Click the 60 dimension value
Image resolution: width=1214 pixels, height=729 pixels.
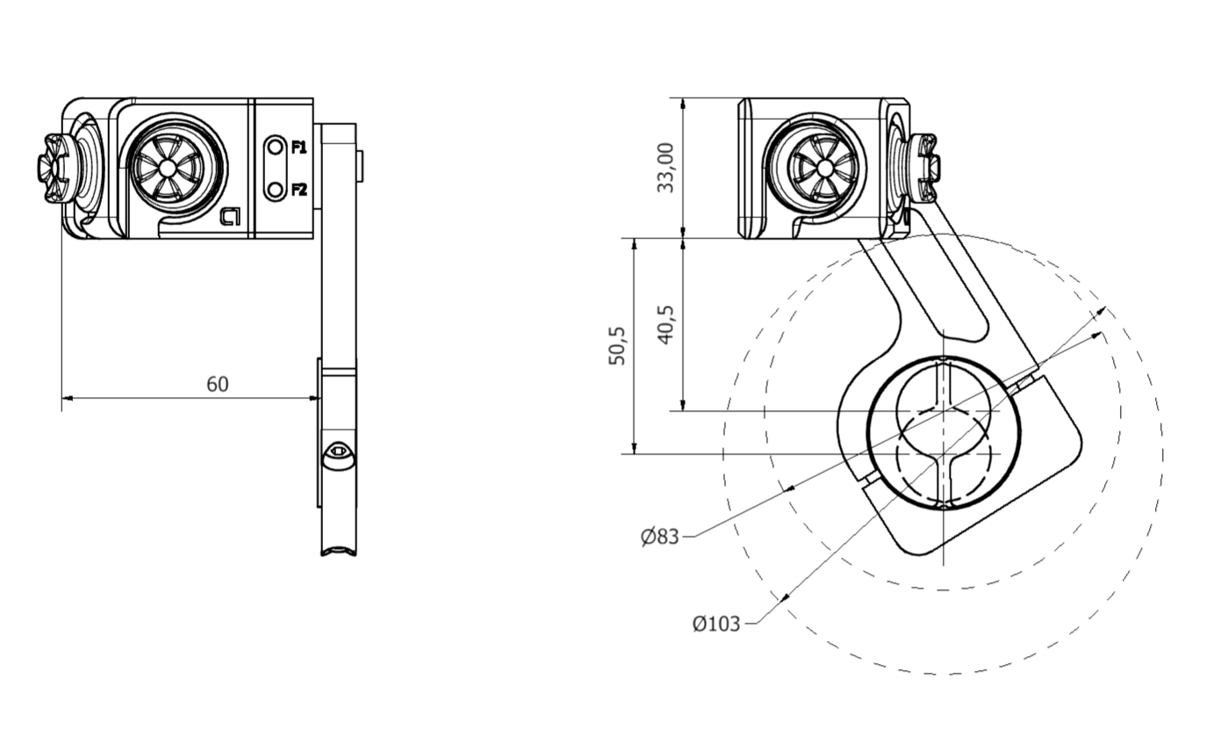pyautogui.click(x=217, y=384)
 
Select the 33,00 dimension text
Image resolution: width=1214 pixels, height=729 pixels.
pyautogui.click(x=666, y=167)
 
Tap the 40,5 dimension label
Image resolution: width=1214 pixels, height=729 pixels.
pyautogui.click(x=665, y=324)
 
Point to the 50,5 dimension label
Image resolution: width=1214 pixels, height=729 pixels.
pyautogui.click(x=617, y=345)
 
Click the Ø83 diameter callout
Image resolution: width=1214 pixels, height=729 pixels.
pyautogui.click(x=659, y=536)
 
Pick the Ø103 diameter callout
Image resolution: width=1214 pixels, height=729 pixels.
pyautogui.click(x=715, y=624)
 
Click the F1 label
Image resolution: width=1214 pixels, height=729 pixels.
pyautogui.click(x=298, y=147)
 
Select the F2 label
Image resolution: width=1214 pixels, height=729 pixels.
pyautogui.click(x=298, y=189)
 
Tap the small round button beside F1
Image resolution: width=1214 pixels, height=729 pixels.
pyautogui.click(x=276, y=147)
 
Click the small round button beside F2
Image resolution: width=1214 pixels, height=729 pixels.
pyautogui.click(x=276, y=189)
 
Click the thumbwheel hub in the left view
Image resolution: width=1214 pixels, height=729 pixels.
pyautogui.click(x=168, y=167)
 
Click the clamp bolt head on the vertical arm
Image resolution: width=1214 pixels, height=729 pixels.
pyautogui.click(x=338, y=456)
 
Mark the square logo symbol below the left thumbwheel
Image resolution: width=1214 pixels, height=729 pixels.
pyautogui.click(x=230, y=216)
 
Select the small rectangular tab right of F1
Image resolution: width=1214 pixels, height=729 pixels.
pyautogui.click(x=360, y=162)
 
